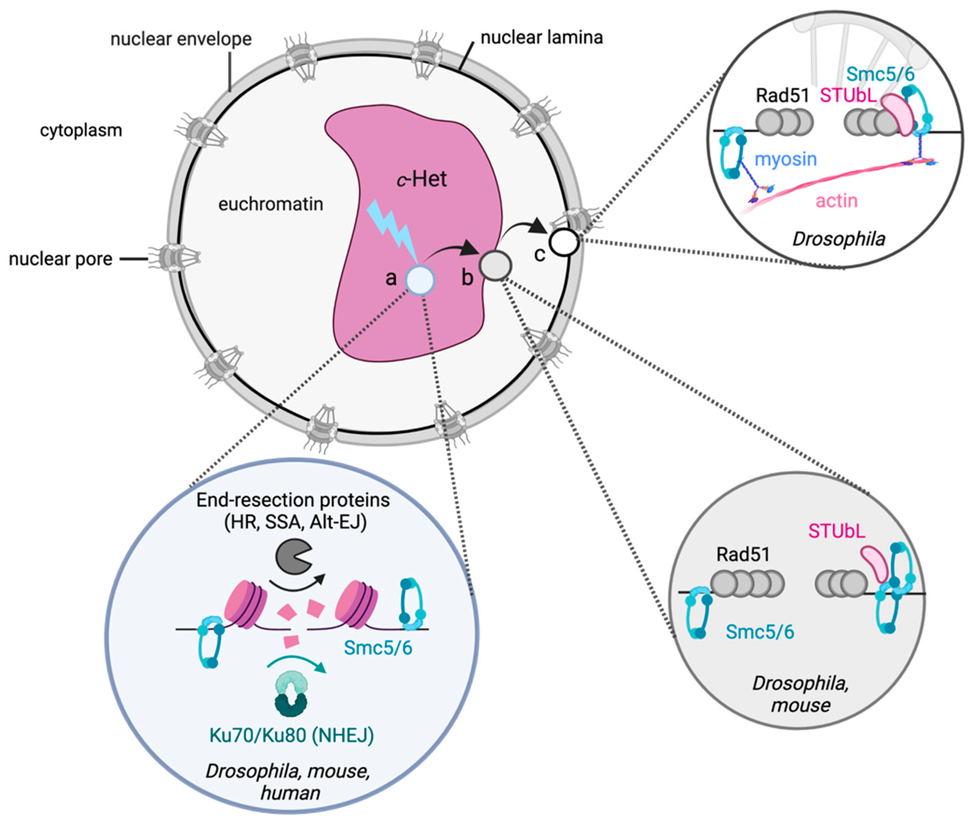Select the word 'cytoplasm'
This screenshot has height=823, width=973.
pos(81,130)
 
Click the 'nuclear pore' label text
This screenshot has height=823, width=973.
pos(61,259)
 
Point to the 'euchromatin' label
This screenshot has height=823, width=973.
pos(270,204)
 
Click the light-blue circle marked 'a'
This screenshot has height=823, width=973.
pos(420,280)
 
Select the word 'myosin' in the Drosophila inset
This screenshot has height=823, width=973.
pos(785,160)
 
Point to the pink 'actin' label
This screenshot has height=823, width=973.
pos(836,201)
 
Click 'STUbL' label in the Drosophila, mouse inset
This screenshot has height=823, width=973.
pos(836,531)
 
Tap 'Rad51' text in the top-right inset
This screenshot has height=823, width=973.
pos(782,96)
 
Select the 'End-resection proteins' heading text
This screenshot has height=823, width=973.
pos(293,501)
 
